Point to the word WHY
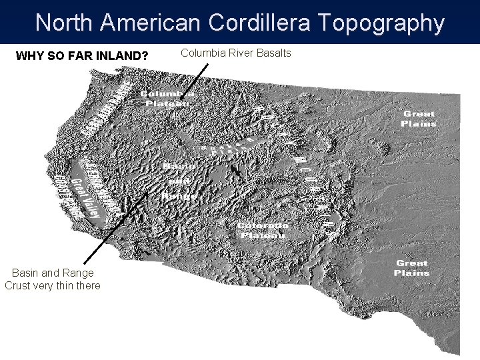[x=29, y=55]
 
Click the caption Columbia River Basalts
[x=236, y=53]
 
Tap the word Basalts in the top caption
[x=274, y=53]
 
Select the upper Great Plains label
[x=419, y=119]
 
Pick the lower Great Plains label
[x=411, y=268]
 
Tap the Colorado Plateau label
[x=263, y=230]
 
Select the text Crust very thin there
[x=53, y=286]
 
